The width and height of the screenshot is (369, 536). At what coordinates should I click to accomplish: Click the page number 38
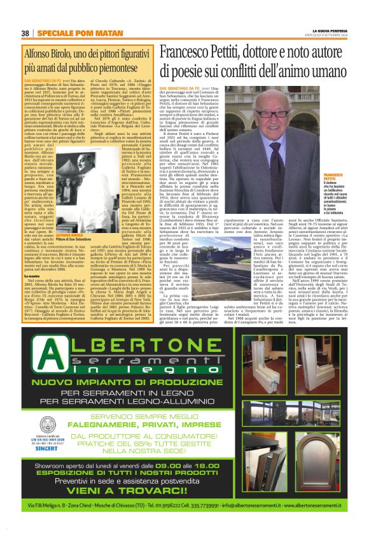25,32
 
